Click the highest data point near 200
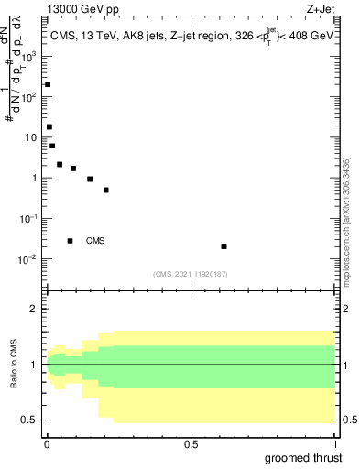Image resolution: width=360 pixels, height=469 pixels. coord(48,84)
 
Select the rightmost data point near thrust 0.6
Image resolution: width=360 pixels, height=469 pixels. coord(224,246)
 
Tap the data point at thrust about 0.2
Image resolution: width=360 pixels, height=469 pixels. coord(106,191)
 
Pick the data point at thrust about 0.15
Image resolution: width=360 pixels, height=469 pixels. coord(90,180)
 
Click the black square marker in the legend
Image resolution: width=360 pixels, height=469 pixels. coord(70,241)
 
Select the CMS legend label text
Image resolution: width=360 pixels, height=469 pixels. coord(95,241)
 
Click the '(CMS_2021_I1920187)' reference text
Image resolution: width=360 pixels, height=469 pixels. coord(191,274)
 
